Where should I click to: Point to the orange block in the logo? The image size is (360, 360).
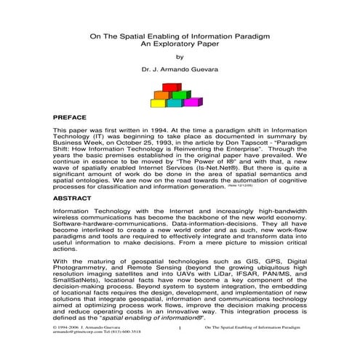point(161,95)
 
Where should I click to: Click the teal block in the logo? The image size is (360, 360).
point(175,103)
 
